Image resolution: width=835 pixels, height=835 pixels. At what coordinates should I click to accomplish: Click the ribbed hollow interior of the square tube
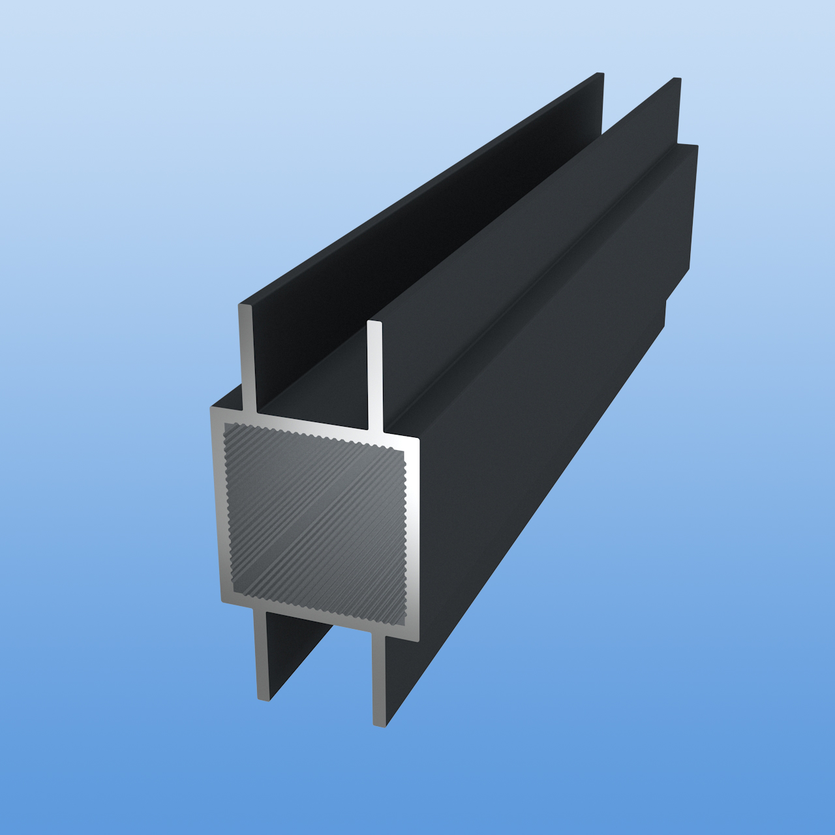tap(314, 519)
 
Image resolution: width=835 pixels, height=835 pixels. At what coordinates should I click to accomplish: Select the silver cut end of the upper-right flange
tap(375, 375)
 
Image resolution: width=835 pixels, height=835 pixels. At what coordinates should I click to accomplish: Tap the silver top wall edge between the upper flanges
tap(313, 423)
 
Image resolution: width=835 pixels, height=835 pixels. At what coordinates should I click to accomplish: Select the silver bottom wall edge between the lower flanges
tap(320, 620)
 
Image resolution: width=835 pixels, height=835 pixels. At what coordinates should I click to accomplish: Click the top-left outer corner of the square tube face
tap(211, 409)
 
